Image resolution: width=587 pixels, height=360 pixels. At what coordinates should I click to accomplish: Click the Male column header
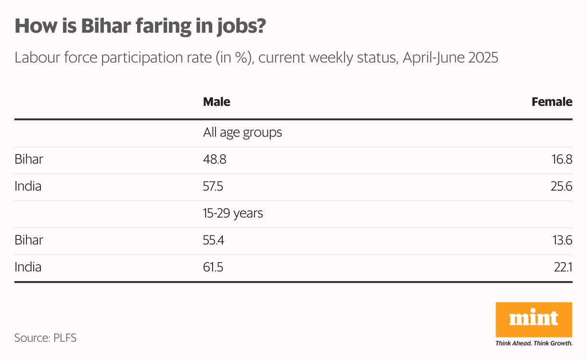coord(217,102)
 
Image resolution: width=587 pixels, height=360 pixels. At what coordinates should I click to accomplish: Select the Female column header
coord(552,102)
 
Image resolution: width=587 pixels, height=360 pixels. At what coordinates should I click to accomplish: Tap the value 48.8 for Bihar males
coord(215,159)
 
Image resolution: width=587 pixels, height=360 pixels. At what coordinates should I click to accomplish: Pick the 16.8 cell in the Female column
coord(562,159)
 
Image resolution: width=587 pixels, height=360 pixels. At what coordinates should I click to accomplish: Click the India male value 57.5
coord(213,186)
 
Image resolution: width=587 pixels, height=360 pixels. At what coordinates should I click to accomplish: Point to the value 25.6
coord(561,186)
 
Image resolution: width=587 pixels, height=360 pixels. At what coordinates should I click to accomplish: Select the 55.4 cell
coord(214,240)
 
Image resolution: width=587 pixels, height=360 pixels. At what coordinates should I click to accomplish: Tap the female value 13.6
coord(562,240)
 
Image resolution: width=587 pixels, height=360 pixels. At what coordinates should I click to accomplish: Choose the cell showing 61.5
coord(213,267)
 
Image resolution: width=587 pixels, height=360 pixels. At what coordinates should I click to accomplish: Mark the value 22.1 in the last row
coord(563,267)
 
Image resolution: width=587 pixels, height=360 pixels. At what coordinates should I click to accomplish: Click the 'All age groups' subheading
coord(242,132)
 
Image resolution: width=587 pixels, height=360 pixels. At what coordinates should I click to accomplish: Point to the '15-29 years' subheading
coord(233,213)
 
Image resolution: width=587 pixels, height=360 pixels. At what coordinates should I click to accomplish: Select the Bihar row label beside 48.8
coord(29,159)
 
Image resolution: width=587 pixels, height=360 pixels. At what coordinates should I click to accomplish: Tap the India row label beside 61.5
coord(28,267)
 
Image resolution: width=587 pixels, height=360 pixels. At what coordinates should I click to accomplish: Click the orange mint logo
coord(534,319)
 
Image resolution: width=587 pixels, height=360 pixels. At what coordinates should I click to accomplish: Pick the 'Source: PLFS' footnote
coord(45,338)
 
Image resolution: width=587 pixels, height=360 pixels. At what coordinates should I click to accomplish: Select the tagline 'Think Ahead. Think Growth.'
coord(534,344)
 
